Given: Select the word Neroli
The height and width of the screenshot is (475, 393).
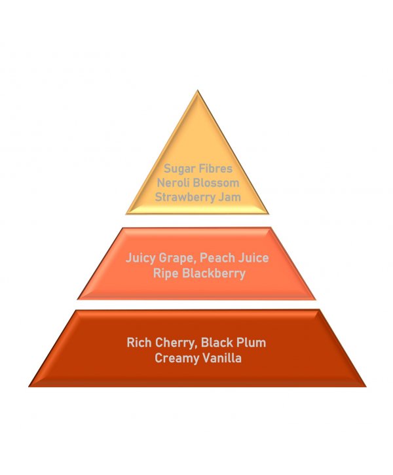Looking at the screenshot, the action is (x=173, y=183).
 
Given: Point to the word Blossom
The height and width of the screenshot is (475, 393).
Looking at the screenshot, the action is (x=216, y=183).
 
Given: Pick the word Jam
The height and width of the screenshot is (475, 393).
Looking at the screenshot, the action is (x=230, y=197).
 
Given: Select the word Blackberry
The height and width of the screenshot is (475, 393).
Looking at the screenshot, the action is (x=214, y=274).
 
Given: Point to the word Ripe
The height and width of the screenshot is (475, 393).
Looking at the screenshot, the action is (x=166, y=274).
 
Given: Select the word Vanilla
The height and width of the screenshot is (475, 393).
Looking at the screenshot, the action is (x=222, y=358).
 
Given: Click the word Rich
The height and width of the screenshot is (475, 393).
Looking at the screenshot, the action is (x=139, y=343).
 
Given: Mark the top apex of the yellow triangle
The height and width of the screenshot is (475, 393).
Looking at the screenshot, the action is (x=197, y=90).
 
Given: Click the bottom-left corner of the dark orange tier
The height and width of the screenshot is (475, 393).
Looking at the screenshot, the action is (x=29, y=387).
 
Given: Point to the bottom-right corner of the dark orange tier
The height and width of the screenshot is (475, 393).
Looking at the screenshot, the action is (x=366, y=387).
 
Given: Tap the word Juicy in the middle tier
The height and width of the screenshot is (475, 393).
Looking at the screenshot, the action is (x=141, y=258).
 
